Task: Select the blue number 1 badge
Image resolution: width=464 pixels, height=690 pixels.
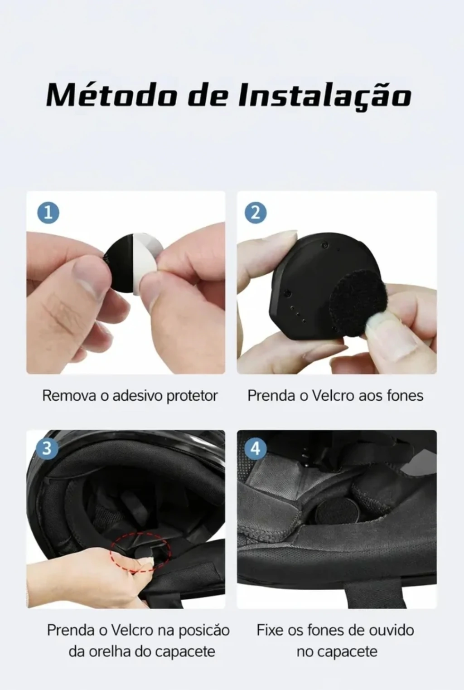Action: (x=48, y=213)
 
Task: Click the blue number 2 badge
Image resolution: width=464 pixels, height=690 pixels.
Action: (x=256, y=213)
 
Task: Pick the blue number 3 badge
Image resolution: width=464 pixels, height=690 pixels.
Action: (x=47, y=449)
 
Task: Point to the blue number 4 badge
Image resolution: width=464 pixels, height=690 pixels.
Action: (x=256, y=449)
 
